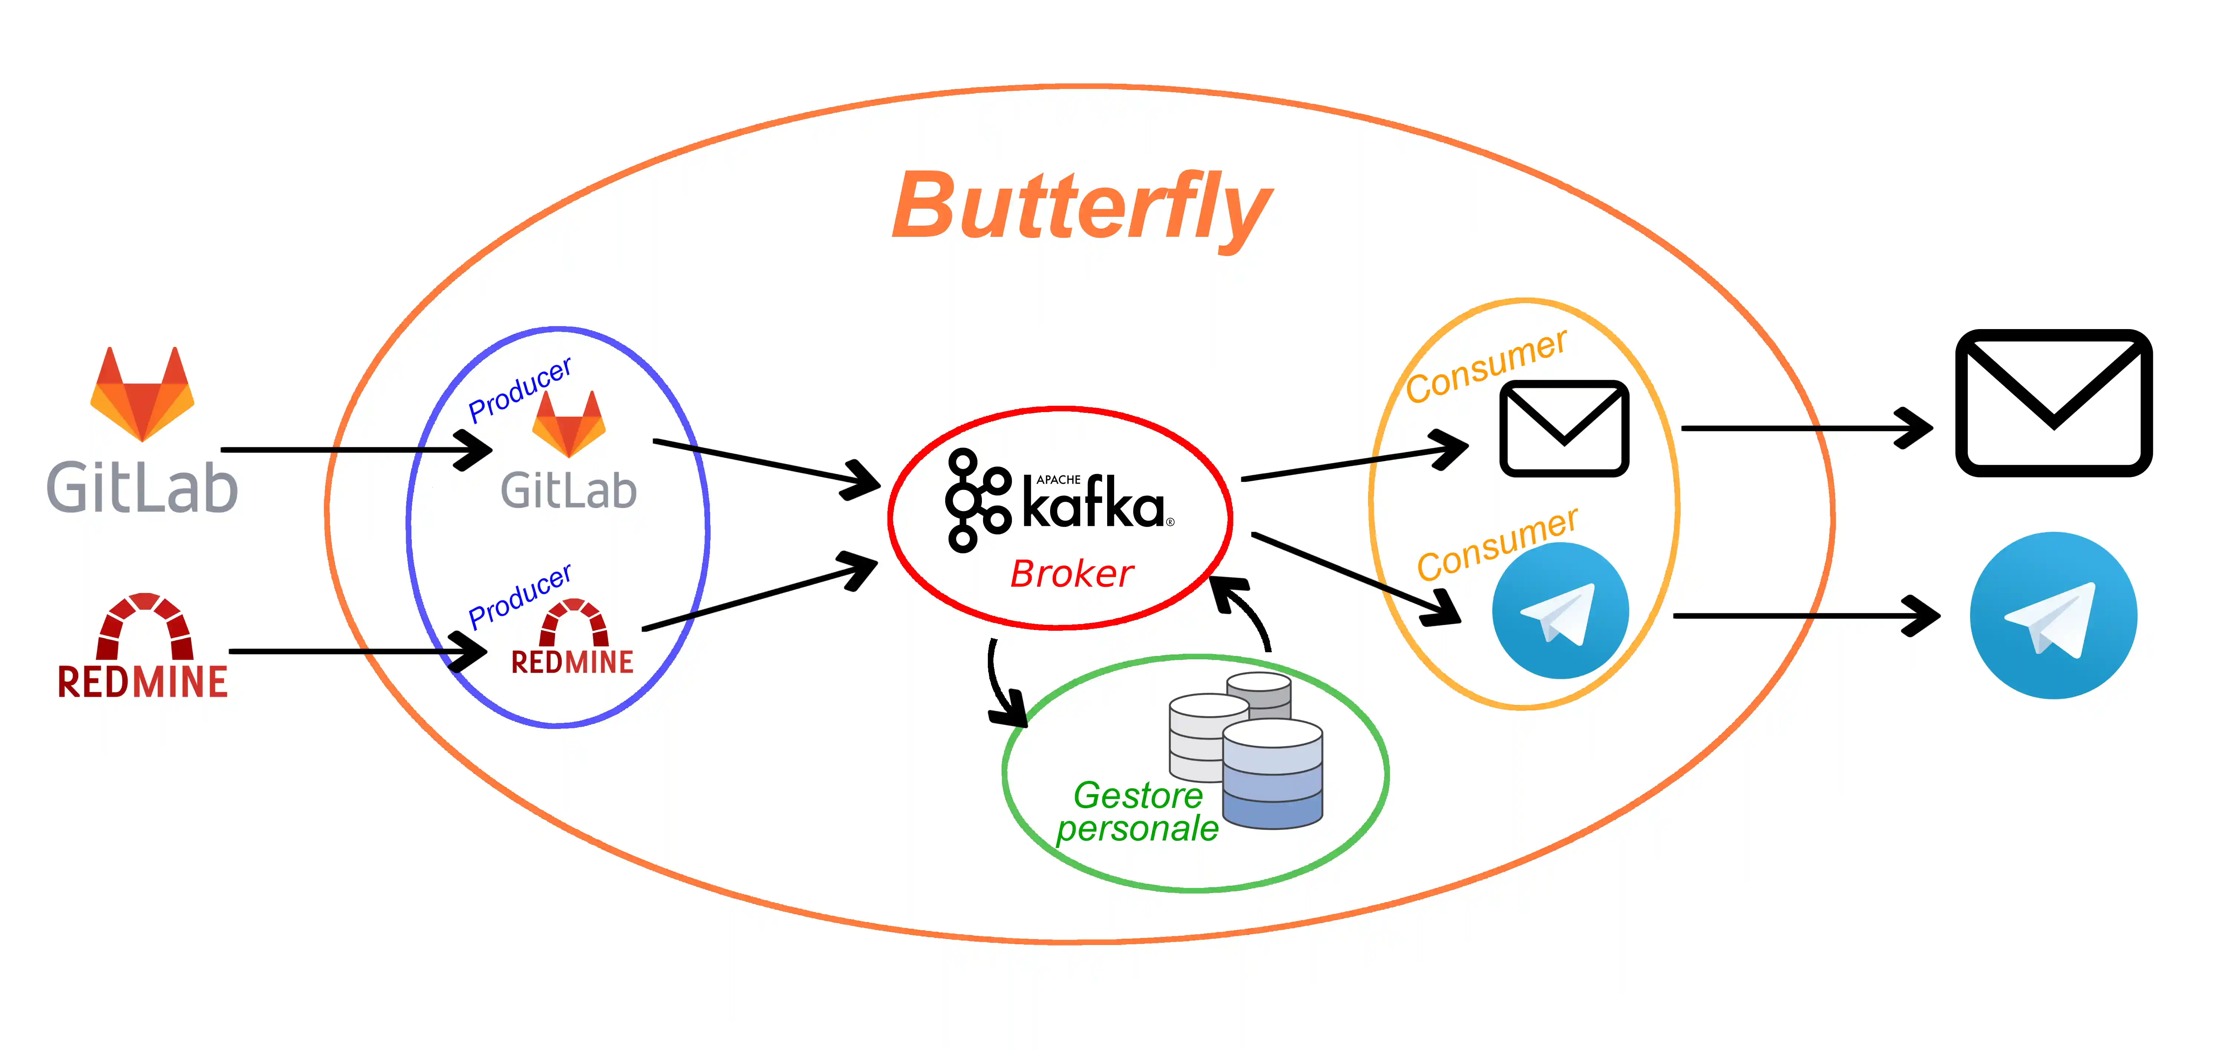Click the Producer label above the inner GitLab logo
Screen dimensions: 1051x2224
pos(520,390)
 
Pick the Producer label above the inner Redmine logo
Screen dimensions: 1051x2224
pos(520,596)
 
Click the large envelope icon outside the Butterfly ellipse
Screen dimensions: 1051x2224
pos(2053,403)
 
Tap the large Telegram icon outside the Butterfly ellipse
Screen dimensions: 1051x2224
pos(2053,615)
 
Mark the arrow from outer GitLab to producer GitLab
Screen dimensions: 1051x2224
pos(354,450)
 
